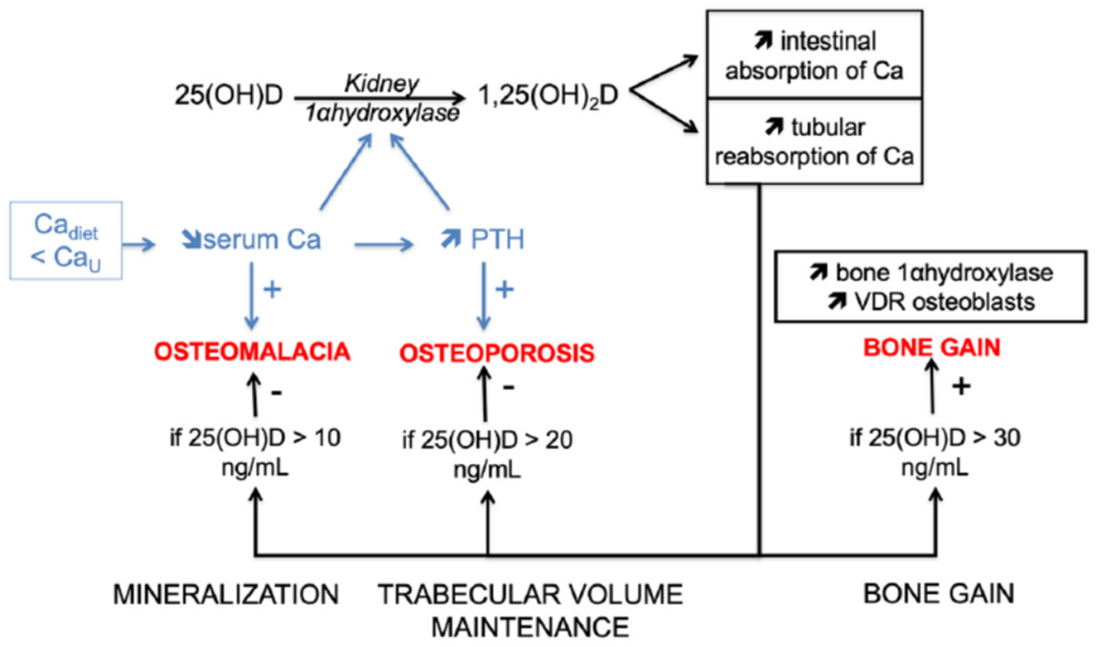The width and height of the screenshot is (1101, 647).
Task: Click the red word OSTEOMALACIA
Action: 252,351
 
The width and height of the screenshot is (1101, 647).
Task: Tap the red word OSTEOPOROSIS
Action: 497,353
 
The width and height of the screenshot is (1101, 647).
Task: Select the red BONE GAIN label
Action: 932,348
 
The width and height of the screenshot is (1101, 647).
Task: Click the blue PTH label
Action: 497,239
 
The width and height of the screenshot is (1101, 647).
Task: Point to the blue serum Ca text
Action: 261,240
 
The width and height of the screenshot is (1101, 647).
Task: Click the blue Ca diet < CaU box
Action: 66,240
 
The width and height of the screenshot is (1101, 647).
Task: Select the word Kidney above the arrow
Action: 381,83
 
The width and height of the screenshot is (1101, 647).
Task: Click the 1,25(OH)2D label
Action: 548,95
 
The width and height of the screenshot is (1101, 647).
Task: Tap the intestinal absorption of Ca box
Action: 814,55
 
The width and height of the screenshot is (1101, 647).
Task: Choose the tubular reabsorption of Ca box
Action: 814,142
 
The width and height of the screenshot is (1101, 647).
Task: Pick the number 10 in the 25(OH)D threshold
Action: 327,438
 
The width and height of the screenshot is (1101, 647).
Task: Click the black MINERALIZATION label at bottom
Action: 226,595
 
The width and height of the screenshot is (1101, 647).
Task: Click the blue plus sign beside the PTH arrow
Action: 504,289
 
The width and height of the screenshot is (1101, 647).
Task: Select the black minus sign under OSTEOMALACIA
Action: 276,392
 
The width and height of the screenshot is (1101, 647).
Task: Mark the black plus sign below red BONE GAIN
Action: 961,386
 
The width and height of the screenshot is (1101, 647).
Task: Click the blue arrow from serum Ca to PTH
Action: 384,244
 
